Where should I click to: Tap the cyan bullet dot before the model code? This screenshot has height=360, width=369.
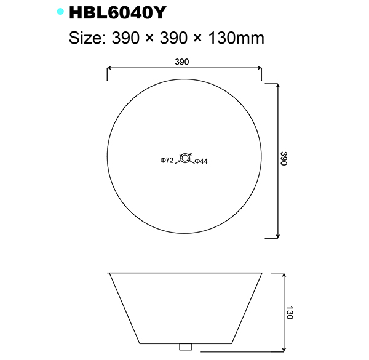60,12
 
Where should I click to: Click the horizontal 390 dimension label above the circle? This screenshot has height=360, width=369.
182,62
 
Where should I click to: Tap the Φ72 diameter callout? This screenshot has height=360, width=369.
167,161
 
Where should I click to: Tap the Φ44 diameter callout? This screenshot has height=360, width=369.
201,161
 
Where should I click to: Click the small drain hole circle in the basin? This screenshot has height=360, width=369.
184,158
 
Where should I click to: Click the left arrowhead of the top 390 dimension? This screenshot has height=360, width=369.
109,69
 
